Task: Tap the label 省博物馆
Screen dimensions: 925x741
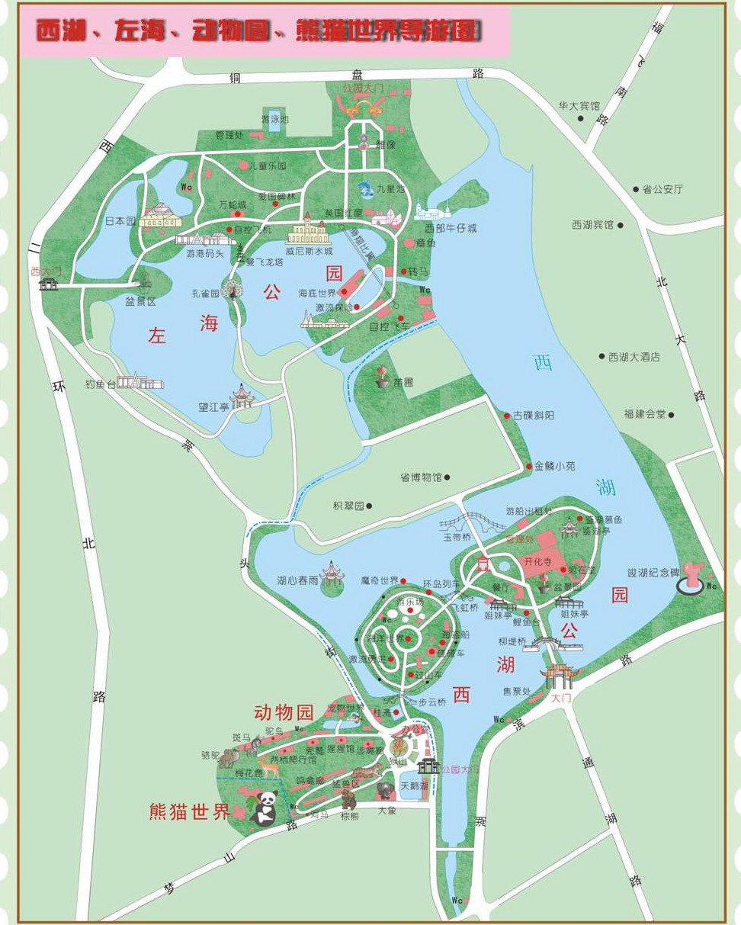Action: [x=421, y=477]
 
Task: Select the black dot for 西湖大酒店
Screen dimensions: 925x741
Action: [x=601, y=356]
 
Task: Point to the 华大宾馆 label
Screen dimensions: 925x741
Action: [x=579, y=106]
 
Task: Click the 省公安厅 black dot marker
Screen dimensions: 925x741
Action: [x=636, y=189]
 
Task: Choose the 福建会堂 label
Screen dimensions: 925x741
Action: [x=644, y=414]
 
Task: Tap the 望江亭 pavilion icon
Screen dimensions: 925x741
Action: [x=243, y=396]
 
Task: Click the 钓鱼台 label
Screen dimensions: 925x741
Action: [x=100, y=384]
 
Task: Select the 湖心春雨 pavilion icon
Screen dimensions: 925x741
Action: [x=333, y=573]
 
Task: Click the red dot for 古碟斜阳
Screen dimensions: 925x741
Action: [x=507, y=416]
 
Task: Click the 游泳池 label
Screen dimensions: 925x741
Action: [x=274, y=119]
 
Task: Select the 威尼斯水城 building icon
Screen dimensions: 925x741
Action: [x=307, y=230]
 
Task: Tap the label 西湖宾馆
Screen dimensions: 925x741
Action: [x=592, y=225]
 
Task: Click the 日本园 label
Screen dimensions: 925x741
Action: [x=120, y=221]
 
